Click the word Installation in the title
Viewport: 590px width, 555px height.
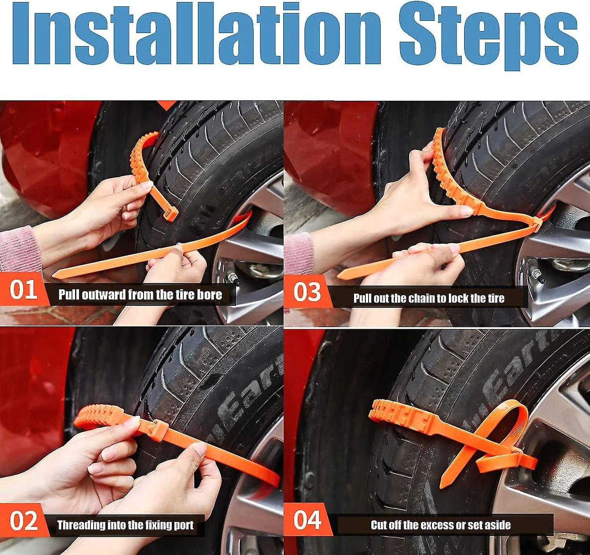[197, 35]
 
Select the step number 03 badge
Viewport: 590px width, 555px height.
[307, 292]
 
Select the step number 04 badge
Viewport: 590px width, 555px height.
[307, 520]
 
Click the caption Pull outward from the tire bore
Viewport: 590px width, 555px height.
[140, 295]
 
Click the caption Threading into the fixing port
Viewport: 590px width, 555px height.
[125, 525]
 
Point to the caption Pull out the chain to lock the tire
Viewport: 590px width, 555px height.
[428, 298]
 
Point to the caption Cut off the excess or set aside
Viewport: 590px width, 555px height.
[441, 525]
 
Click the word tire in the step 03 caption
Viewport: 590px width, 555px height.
[496, 298]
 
